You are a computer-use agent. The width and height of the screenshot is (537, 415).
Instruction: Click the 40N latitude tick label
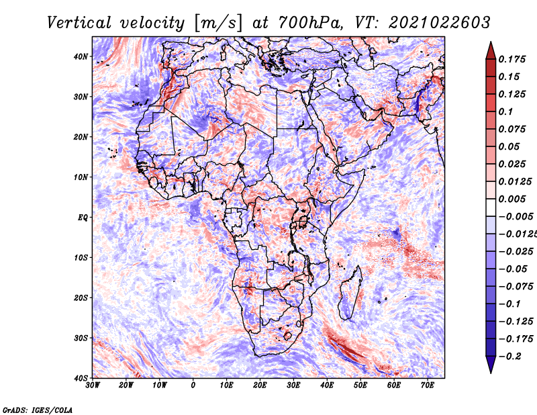pos(81,56)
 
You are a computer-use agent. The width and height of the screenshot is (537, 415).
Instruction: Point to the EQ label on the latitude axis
pos(83,218)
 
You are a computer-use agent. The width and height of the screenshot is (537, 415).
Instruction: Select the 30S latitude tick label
pos(81,338)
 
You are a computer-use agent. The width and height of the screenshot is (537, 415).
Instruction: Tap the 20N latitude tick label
pos(81,137)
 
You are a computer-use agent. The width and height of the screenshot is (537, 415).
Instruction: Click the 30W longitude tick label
pos(93,385)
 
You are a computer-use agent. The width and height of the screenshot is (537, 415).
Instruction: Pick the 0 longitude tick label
pos(193,385)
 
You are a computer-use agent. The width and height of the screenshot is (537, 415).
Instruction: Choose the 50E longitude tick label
pos(360,385)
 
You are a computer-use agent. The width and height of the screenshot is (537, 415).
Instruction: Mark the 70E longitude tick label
pos(428,385)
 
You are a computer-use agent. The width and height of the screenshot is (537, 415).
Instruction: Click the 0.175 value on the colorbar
pos(512,59)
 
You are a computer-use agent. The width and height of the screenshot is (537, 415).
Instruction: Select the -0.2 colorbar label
pos(510,356)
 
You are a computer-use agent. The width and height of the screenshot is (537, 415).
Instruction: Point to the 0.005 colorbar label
pos(512,199)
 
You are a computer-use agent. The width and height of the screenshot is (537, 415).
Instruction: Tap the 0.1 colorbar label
pos(506,111)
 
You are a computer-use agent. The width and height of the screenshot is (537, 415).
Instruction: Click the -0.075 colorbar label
pos(516,286)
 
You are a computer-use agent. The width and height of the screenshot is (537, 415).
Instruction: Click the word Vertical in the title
pos(79,23)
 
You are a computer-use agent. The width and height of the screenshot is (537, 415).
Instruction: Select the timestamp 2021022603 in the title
pos(440,23)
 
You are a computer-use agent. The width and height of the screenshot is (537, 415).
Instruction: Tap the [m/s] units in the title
pos(218,24)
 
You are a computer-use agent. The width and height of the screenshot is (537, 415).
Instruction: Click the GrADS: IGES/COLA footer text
pos(38,410)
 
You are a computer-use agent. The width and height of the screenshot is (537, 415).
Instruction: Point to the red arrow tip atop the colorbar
pos(491,42)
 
